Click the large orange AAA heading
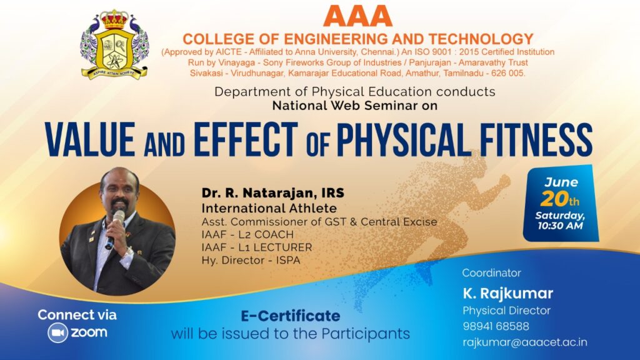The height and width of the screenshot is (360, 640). click(x=357, y=16)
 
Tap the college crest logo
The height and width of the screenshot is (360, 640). click(x=115, y=44)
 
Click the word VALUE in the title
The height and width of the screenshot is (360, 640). click(x=90, y=139)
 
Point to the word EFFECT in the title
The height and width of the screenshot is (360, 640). click(x=246, y=139)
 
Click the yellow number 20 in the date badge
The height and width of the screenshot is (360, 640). click(x=554, y=199)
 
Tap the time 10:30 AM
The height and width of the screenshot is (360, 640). click(x=560, y=226)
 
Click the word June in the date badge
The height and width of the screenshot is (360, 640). click(x=561, y=182)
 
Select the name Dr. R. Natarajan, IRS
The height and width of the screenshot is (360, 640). click(x=272, y=192)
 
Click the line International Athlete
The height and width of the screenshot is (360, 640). click(x=269, y=208)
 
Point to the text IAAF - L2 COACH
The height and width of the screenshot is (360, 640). click(x=247, y=235)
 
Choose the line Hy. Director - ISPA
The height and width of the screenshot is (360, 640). click(x=251, y=260)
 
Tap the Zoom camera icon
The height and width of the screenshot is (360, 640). click(x=57, y=332)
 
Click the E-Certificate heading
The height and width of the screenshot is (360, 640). click(x=290, y=316)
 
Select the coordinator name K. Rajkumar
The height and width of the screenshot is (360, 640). click(x=507, y=293)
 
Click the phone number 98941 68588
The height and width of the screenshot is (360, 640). click(x=496, y=326)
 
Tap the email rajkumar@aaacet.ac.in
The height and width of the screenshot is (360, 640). click(x=525, y=342)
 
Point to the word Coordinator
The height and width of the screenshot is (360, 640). click(x=491, y=272)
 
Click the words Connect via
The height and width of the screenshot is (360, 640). click(x=77, y=315)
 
